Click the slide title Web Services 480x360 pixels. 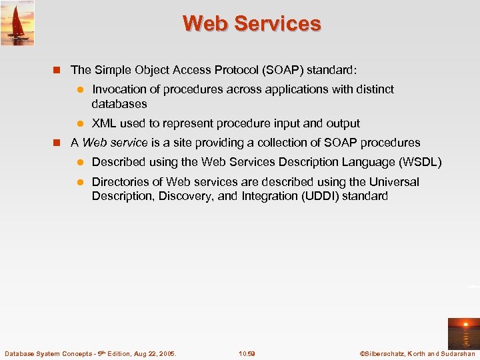tap(252, 23)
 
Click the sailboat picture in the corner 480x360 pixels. tap(17, 23)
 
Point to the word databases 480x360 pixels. tap(119, 104)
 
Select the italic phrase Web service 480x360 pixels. tap(115, 143)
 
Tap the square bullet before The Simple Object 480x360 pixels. tap(57, 69)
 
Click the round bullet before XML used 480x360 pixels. tap(78, 123)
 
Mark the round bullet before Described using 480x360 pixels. tap(78, 163)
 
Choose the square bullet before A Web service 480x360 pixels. tap(57, 143)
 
